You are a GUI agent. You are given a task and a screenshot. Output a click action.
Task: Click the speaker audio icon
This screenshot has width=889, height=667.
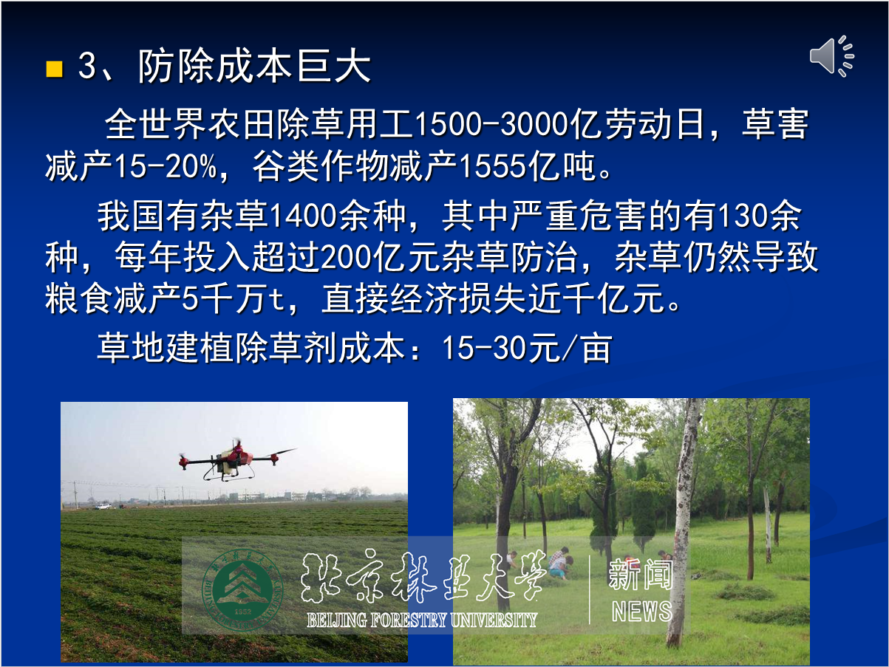(831, 56)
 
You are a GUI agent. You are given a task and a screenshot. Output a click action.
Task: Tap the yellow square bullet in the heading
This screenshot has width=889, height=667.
(54, 69)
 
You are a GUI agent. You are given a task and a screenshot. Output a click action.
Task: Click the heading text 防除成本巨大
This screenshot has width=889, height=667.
(254, 66)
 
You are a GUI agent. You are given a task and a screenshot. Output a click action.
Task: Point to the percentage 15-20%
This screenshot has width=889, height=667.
(166, 167)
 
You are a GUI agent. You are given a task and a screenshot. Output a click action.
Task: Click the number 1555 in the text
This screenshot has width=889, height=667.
(494, 167)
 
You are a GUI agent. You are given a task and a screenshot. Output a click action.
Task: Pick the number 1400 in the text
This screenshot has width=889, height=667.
(302, 216)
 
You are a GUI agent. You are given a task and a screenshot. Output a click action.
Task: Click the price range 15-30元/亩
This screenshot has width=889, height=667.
(526, 348)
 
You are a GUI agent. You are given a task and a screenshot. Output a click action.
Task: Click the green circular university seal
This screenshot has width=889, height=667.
(242, 591)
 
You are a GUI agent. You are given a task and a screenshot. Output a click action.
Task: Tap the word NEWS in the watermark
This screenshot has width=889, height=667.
(641, 611)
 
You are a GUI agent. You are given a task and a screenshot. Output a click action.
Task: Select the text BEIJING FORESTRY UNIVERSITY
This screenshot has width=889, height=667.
(422, 620)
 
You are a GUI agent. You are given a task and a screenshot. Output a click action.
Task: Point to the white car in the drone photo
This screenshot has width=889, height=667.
(104, 506)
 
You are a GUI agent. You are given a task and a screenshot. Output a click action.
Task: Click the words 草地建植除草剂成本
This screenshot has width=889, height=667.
(251, 348)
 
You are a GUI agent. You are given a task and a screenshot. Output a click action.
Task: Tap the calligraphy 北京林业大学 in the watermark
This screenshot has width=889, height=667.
(423, 577)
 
